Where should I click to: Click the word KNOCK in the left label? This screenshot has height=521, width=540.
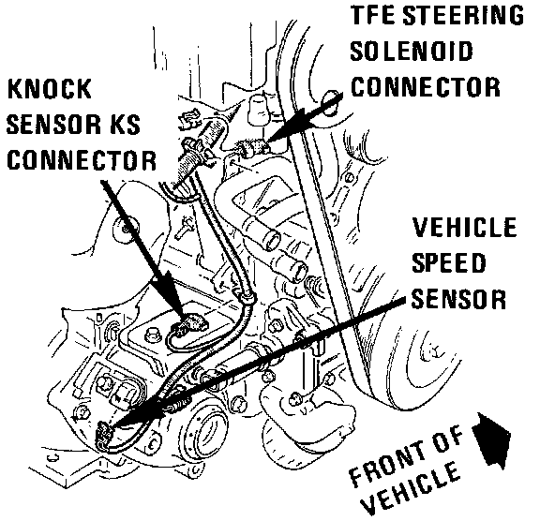coord(50,89)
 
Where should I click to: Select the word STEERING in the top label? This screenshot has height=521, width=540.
coord(463,15)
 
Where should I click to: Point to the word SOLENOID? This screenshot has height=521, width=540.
coord(412,51)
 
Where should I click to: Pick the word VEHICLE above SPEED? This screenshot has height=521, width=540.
coord(465,227)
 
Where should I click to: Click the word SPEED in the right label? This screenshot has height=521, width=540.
coord(449,262)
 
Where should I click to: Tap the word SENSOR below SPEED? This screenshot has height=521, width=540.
coord(458,299)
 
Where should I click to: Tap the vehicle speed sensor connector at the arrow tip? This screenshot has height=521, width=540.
coord(104,436)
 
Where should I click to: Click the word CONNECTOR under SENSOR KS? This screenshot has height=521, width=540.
coord(82,160)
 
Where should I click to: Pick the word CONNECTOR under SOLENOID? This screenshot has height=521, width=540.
coord(426,87)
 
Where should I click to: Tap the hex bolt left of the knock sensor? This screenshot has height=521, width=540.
coord(151,335)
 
